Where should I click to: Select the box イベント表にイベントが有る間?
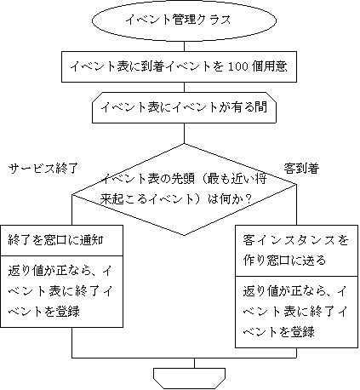[184, 107]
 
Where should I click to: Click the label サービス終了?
[43, 169]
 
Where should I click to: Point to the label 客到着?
[301, 169]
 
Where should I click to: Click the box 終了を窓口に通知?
[61, 240]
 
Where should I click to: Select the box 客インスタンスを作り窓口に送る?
[296, 250]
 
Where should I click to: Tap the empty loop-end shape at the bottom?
[190, 378]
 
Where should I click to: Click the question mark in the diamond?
[249, 199]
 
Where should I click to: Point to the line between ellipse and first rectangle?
[184, 47]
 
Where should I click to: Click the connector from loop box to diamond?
[184, 134]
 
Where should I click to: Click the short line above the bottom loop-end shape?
[194, 363]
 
